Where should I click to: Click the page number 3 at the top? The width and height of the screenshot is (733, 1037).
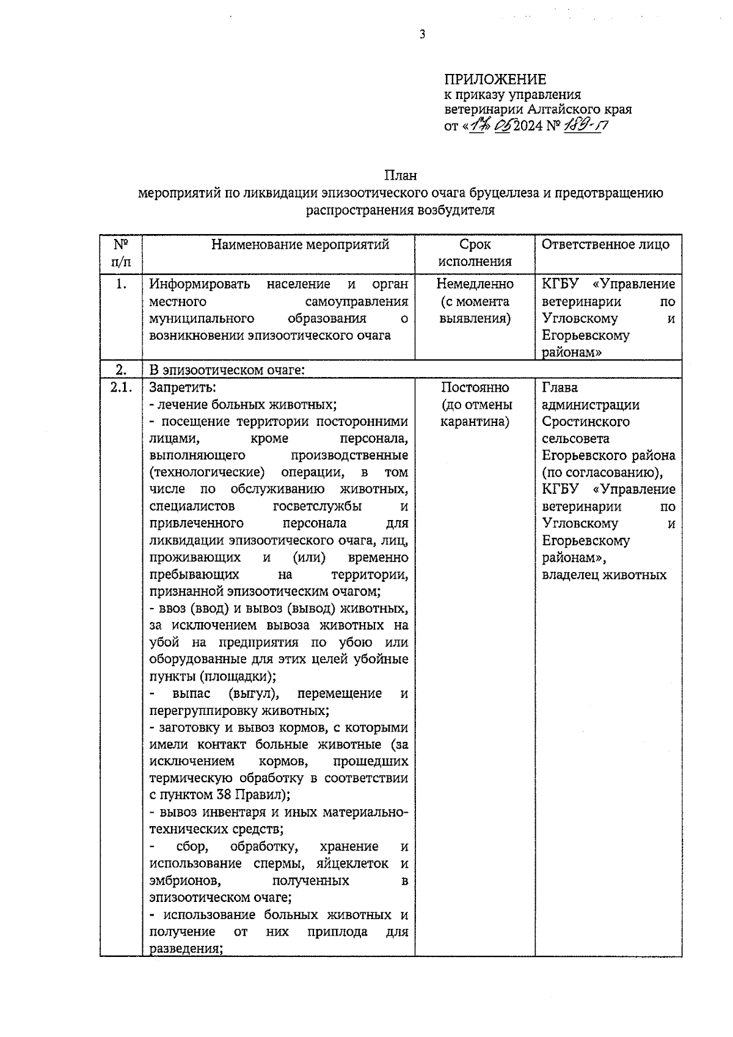422,35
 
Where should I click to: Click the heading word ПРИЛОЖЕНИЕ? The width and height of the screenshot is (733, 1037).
495,79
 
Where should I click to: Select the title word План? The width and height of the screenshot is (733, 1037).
400,176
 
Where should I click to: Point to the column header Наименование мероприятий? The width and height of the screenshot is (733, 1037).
300,245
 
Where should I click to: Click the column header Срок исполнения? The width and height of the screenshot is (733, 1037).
475,253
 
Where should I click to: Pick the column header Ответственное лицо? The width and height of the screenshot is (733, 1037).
605,244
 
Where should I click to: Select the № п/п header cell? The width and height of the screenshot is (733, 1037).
121,253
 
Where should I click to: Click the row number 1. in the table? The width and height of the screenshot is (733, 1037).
121,284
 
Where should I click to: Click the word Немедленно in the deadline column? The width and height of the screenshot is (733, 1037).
475,284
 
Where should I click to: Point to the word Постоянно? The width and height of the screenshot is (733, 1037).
475,387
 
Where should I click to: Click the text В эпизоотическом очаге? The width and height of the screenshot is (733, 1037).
227,370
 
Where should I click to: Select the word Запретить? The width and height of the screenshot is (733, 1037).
183,387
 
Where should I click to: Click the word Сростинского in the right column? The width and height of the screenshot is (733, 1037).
585,422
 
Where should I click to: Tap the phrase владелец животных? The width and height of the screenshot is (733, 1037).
604,575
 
